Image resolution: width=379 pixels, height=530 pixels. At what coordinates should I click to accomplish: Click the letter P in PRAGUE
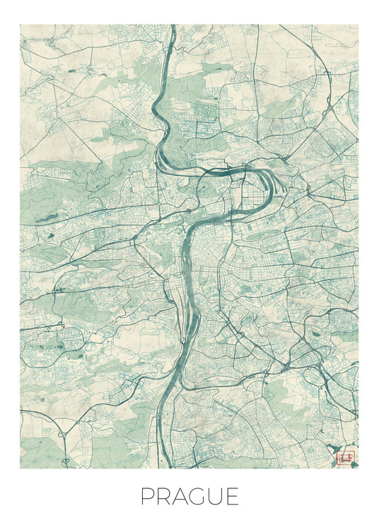tap(147, 497)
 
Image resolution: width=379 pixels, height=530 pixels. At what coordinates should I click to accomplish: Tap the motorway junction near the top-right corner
tap(327, 74)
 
